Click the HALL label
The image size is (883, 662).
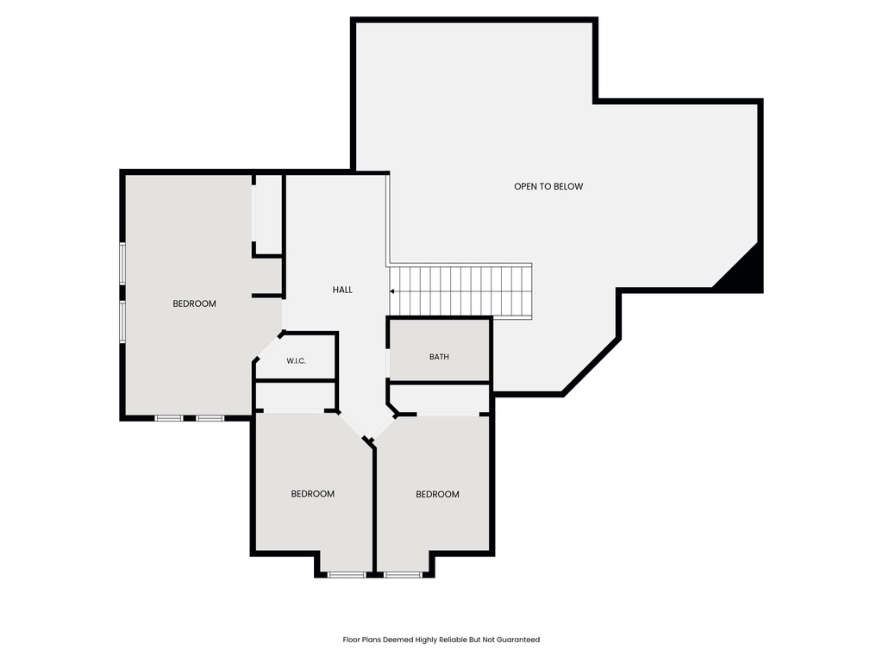tap(342, 290)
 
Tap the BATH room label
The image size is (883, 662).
tap(439, 357)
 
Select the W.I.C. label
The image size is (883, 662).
tap(297, 361)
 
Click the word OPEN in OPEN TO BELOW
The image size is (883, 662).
tap(526, 186)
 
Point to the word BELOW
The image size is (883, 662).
tap(568, 186)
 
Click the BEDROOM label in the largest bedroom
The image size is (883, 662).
tap(194, 304)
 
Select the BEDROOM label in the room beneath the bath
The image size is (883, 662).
tap(437, 494)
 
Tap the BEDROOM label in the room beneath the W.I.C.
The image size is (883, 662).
tap(312, 494)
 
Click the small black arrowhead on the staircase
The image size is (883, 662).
tap(392, 291)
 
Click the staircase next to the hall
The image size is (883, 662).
tap(460, 291)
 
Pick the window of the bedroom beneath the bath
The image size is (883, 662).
tap(404, 575)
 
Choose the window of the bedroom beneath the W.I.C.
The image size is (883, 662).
tap(347, 575)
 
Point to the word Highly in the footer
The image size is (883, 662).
tap(426, 640)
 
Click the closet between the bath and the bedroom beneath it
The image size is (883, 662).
tap(440, 398)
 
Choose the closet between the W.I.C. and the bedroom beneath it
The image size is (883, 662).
tap(297, 396)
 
